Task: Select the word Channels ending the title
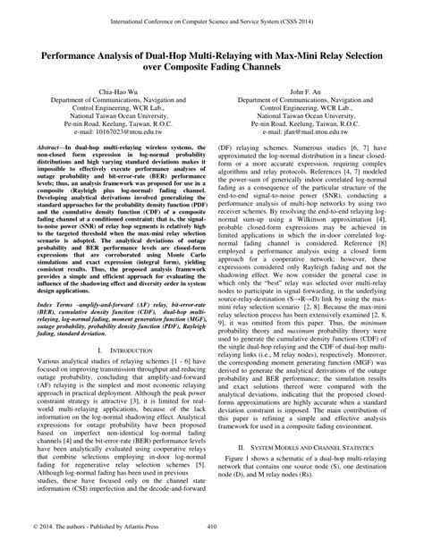pyautogui.click(x=270, y=67)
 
